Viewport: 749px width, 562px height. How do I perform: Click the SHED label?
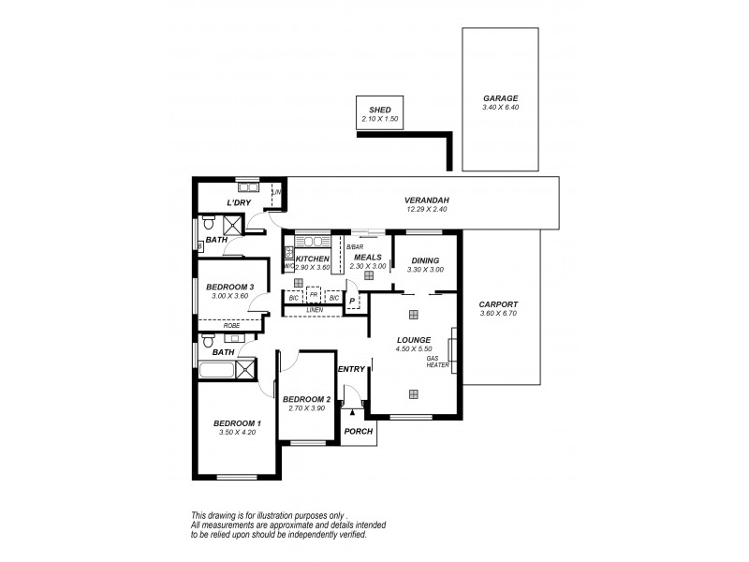(379, 109)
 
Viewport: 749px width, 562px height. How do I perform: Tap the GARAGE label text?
(500, 97)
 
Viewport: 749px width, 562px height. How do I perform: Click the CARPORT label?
(498, 304)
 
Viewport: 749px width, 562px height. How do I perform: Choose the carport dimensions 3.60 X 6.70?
(498, 314)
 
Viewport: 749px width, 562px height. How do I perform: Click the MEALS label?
(367, 257)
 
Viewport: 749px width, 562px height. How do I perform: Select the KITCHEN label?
(313, 258)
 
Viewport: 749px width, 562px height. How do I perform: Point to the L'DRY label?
(240, 203)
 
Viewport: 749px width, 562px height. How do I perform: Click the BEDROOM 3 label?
(229, 287)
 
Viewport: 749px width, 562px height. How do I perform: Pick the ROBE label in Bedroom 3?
(230, 325)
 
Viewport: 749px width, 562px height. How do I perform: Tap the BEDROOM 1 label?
(237, 423)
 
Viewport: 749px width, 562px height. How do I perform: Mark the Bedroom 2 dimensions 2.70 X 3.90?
(305, 409)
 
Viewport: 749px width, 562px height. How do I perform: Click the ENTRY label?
(351, 369)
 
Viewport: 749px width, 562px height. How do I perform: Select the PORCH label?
(359, 431)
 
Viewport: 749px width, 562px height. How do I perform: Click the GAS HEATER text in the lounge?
(437, 362)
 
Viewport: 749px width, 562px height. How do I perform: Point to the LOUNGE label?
(412, 340)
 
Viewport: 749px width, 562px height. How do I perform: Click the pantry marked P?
(352, 302)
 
